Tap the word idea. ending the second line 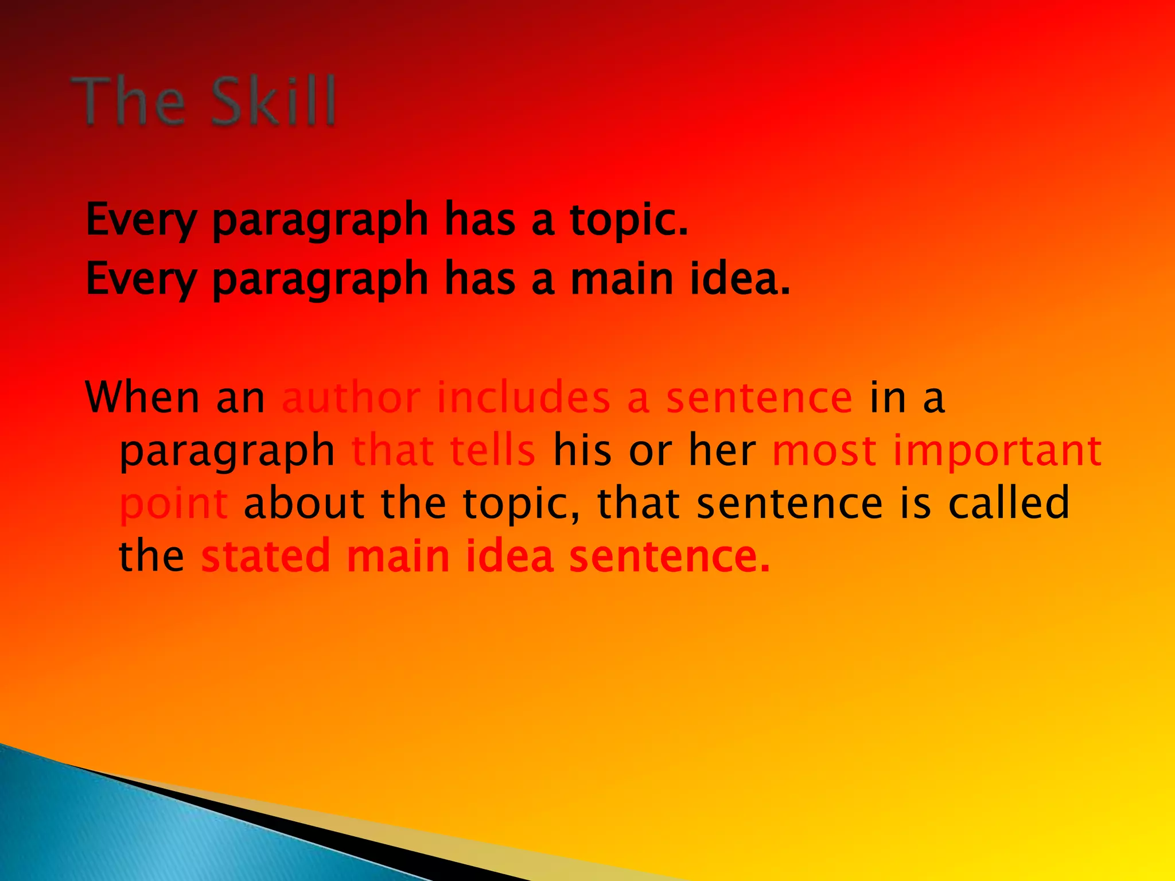tap(740, 279)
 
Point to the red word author tap(351, 397)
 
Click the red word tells tap(492, 450)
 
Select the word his tap(582, 450)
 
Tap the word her tap(722, 450)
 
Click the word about tap(304, 503)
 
